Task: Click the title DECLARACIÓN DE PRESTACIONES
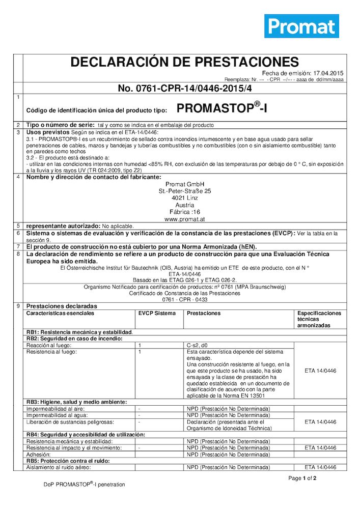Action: pyautogui.click(x=184, y=62)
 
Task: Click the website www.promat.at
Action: pyautogui.click(x=184, y=219)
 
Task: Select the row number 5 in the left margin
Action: pyautogui.click(x=18, y=225)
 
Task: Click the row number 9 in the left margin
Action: pyautogui.click(x=18, y=306)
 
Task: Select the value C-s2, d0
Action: pyautogui.click(x=201, y=345)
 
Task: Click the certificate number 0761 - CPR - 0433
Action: pyautogui.click(x=184, y=299)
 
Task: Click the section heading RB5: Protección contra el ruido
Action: pyautogui.click(x=69, y=461)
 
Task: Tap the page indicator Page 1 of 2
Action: pyautogui.click(x=302, y=478)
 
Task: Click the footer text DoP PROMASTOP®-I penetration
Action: pyautogui.click(x=84, y=485)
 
